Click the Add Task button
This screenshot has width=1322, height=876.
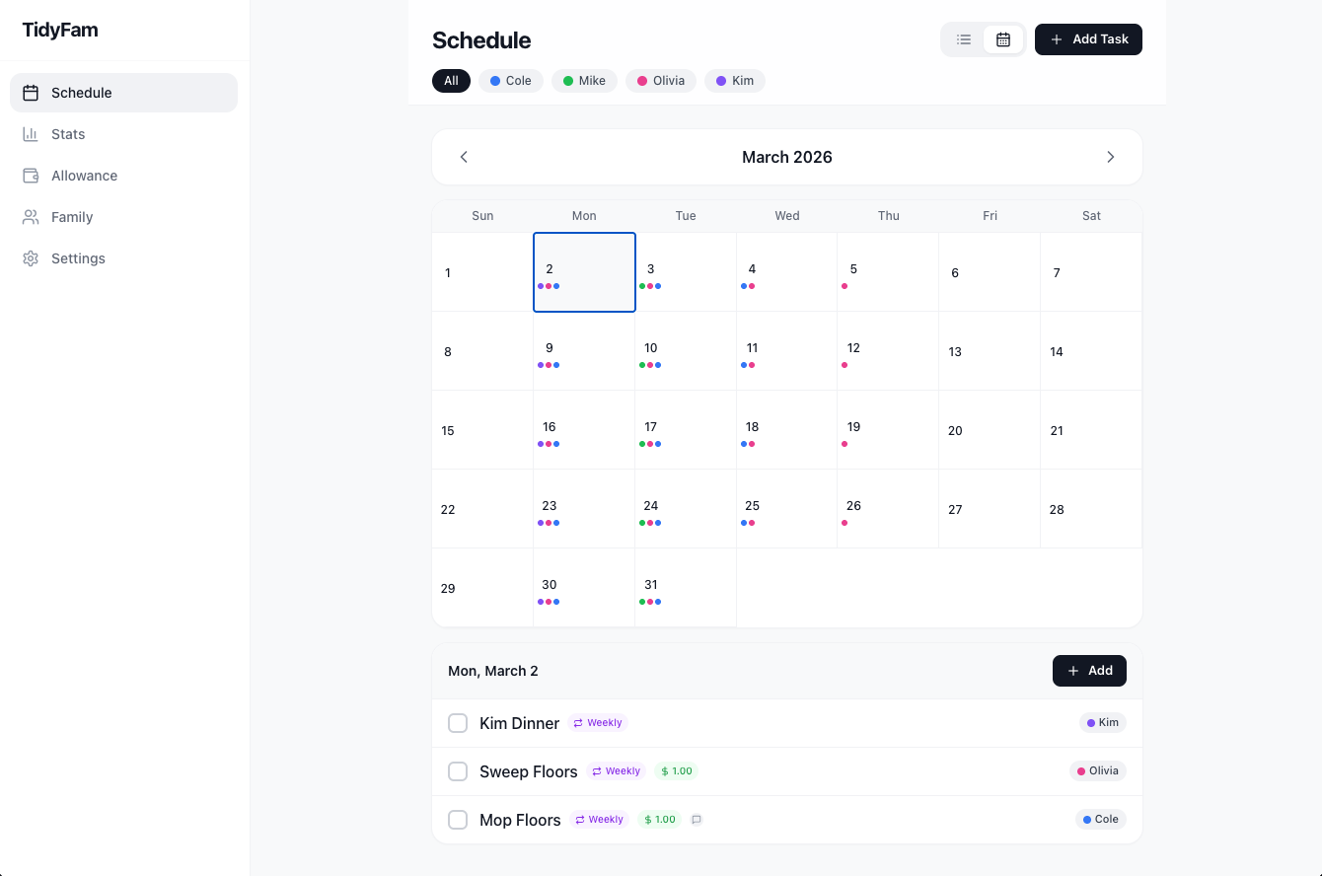click(1088, 39)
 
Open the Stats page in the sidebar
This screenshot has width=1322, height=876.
click(68, 134)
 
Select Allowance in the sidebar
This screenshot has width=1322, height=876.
click(84, 176)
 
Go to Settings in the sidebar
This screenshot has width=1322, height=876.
click(78, 258)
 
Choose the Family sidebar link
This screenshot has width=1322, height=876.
click(72, 217)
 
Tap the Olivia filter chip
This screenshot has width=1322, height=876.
click(661, 81)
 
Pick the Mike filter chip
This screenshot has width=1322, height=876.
click(584, 81)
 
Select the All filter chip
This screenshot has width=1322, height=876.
click(451, 81)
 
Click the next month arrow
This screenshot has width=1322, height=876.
click(1110, 157)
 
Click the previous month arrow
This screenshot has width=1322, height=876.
click(464, 157)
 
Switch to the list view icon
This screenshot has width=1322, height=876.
click(964, 39)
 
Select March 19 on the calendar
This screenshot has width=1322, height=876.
click(887, 430)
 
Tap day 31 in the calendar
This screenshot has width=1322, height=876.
click(685, 588)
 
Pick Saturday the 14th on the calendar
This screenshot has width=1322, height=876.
click(1090, 351)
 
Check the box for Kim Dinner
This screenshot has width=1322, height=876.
click(458, 723)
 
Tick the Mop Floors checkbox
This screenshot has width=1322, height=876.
click(458, 820)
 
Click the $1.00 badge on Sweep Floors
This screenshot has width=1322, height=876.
click(676, 771)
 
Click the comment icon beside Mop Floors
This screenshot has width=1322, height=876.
click(697, 820)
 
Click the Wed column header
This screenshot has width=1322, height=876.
click(786, 216)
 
